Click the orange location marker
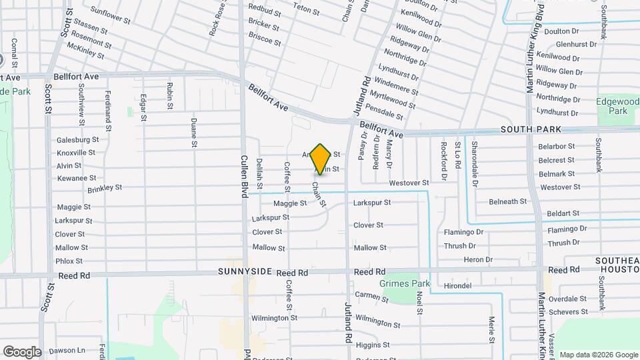point(321,159)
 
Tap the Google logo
point(22,351)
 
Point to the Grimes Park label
point(405,283)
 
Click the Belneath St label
point(507,201)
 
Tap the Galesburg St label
point(77,139)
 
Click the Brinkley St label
point(105,188)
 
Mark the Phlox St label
point(69,261)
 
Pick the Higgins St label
point(368,345)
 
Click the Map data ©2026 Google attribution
point(598,355)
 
